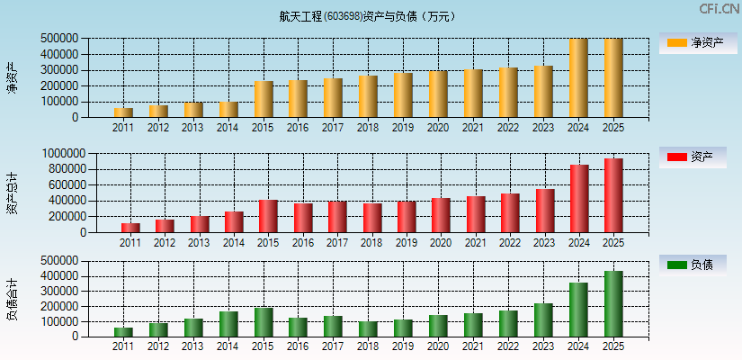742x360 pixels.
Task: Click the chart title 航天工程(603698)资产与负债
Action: tap(368, 16)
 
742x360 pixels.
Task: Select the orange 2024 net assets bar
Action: tap(578, 78)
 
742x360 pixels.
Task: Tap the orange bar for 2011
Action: tap(123, 112)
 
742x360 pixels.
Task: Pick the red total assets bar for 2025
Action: tap(613, 195)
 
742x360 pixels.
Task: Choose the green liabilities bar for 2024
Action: tap(578, 310)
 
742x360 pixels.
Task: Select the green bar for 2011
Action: tap(123, 332)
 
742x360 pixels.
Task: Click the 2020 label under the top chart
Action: tap(438, 128)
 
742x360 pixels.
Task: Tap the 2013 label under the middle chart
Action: tap(200, 243)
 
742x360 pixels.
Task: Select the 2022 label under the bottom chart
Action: tap(508, 346)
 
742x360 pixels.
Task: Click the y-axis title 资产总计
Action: tap(13, 193)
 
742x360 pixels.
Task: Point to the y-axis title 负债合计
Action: tap(13, 299)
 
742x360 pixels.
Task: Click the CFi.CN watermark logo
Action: tap(718, 9)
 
